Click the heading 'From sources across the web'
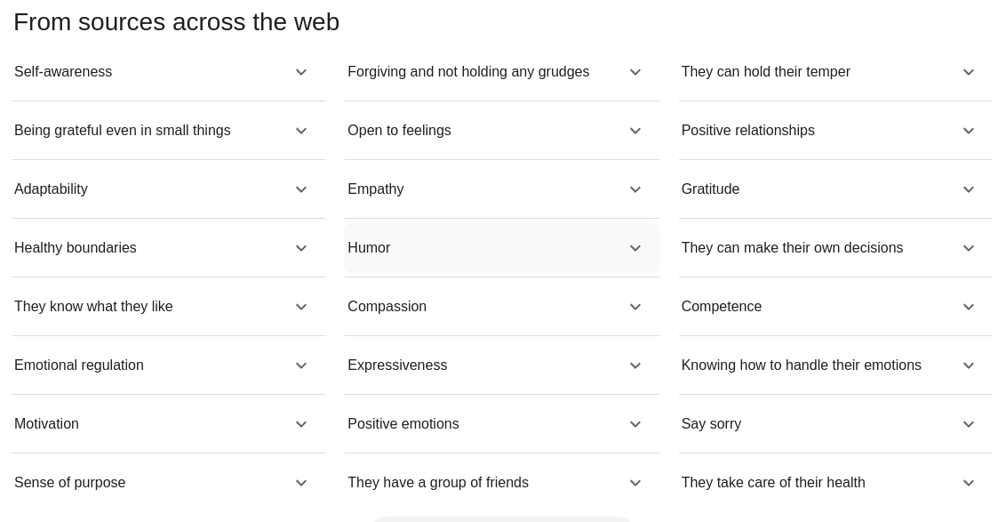[x=176, y=22]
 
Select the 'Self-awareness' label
[x=63, y=72]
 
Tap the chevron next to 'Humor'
[x=635, y=249]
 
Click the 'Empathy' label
[x=375, y=189]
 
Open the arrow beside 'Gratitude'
[x=969, y=190]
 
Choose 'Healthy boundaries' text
[x=76, y=248]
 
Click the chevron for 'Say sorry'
[x=969, y=425]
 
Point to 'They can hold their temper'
[x=765, y=72]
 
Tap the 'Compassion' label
[x=387, y=307]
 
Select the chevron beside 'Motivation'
[x=301, y=425]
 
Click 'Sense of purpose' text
[x=69, y=483]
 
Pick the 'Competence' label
[x=721, y=307]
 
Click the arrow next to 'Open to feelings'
[x=635, y=132]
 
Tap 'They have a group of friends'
[x=437, y=483]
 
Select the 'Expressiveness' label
[x=396, y=365]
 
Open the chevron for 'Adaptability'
[x=301, y=190]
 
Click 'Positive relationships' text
[x=747, y=131]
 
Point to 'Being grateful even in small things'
[x=122, y=131]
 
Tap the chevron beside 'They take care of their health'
[x=969, y=484]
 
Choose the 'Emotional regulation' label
[x=78, y=365]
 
